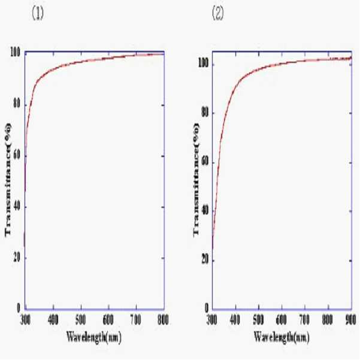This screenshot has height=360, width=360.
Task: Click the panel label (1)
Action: tap(37, 13)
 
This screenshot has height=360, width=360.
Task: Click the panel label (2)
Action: tap(217, 13)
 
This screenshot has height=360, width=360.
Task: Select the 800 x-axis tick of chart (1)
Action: tap(164, 320)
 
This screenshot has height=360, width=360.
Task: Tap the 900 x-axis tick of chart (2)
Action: tap(350, 320)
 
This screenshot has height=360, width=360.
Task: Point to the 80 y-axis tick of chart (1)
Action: tap(17, 105)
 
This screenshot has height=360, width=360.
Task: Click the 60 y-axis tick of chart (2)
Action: tap(205, 162)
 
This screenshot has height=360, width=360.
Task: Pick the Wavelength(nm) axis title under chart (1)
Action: tap(93, 337)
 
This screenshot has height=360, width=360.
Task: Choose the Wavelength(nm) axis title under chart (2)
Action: tap(282, 337)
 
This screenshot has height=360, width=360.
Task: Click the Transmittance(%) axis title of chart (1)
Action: tap(8, 180)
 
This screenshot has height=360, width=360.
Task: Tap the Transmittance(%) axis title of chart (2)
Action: tap(196, 180)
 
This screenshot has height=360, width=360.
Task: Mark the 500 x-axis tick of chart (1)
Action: tap(81, 320)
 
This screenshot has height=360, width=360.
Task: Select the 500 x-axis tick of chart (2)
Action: tap(258, 320)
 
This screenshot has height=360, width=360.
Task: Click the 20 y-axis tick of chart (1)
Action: tap(17, 258)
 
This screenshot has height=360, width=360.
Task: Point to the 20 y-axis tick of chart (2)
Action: tap(205, 261)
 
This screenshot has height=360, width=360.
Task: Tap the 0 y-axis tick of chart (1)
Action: tap(19, 308)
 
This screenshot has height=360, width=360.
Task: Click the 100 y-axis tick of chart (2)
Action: tap(203, 63)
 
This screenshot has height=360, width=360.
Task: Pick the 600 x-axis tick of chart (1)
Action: tap(108, 320)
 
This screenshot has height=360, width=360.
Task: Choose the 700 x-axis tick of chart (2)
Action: tap(304, 320)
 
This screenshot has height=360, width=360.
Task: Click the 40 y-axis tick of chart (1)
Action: tap(17, 207)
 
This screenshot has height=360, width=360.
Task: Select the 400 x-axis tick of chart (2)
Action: tap(235, 320)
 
